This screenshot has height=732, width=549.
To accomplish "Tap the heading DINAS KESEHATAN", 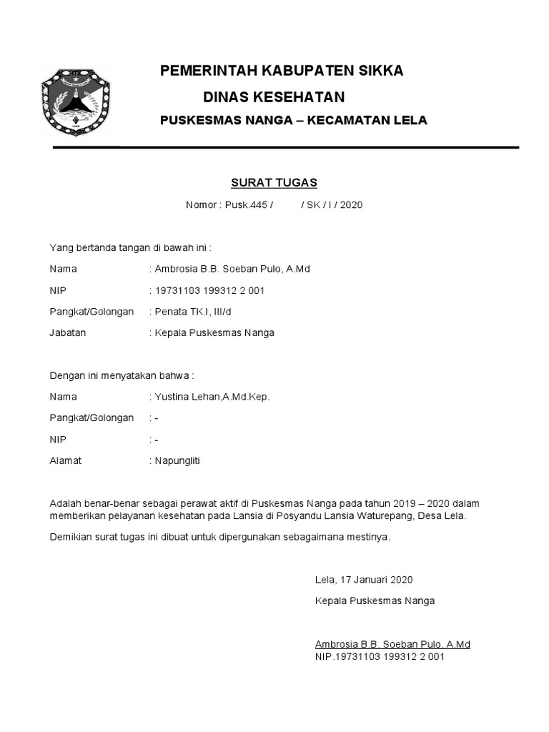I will tap(274, 97).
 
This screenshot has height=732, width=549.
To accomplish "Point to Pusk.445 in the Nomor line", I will tap(247, 205).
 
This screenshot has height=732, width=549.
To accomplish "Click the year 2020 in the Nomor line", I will tap(351, 205).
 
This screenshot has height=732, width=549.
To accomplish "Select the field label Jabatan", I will tap(67, 332).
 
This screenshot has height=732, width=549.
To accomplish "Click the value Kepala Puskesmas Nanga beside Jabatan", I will tap(215, 332).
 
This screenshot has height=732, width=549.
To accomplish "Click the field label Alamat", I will tap(65, 460).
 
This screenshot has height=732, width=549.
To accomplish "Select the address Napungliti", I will tap(178, 460).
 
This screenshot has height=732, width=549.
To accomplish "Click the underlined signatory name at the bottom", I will tap(392, 644).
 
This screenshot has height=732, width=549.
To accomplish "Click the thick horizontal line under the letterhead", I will tap(286, 148).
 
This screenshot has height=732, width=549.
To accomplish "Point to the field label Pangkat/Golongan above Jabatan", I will tap(91, 312).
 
